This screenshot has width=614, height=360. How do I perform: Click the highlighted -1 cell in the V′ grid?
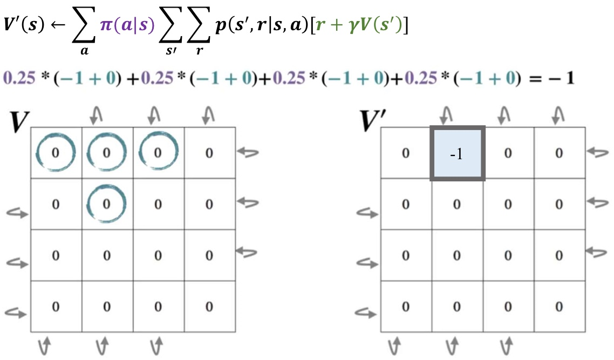pyautogui.click(x=457, y=153)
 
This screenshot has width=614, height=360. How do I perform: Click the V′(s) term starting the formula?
pyautogui.click(x=25, y=26)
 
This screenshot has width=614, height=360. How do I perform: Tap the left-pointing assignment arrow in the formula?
pyautogui.click(x=57, y=26)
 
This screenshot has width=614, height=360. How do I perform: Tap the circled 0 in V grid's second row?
pyautogui.click(x=106, y=203)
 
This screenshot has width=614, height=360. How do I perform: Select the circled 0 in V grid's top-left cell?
pyautogui.click(x=54, y=153)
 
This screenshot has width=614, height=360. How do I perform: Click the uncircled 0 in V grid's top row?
pyautogui.click(x=209, y=153)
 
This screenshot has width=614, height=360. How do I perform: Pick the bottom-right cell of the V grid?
pyautogui.click(x=209, y=306)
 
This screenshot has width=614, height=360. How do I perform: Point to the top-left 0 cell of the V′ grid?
pyautogui.click(x=405, y=153)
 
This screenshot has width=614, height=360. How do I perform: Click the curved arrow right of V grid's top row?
pyautogui.click(x=249, y=153)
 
